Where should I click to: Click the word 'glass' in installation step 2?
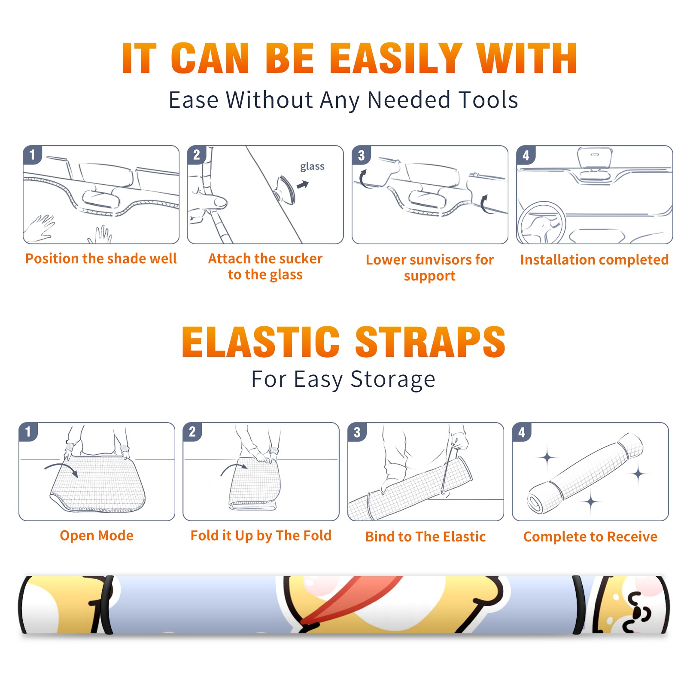point(312,167)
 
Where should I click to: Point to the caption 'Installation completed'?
point(594,259)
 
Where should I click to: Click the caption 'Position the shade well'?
point(101,258)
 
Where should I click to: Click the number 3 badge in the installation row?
point(361,155)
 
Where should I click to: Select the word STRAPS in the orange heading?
point(430,342)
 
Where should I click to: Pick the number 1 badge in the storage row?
point(28,432)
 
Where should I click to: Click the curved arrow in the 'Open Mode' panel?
point(62,468)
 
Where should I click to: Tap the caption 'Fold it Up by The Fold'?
point(261,535)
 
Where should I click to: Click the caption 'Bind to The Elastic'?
point(426,537)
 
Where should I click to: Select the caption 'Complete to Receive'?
point(590,537)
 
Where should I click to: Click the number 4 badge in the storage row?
point(522,432)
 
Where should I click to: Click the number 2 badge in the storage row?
point(192,432)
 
